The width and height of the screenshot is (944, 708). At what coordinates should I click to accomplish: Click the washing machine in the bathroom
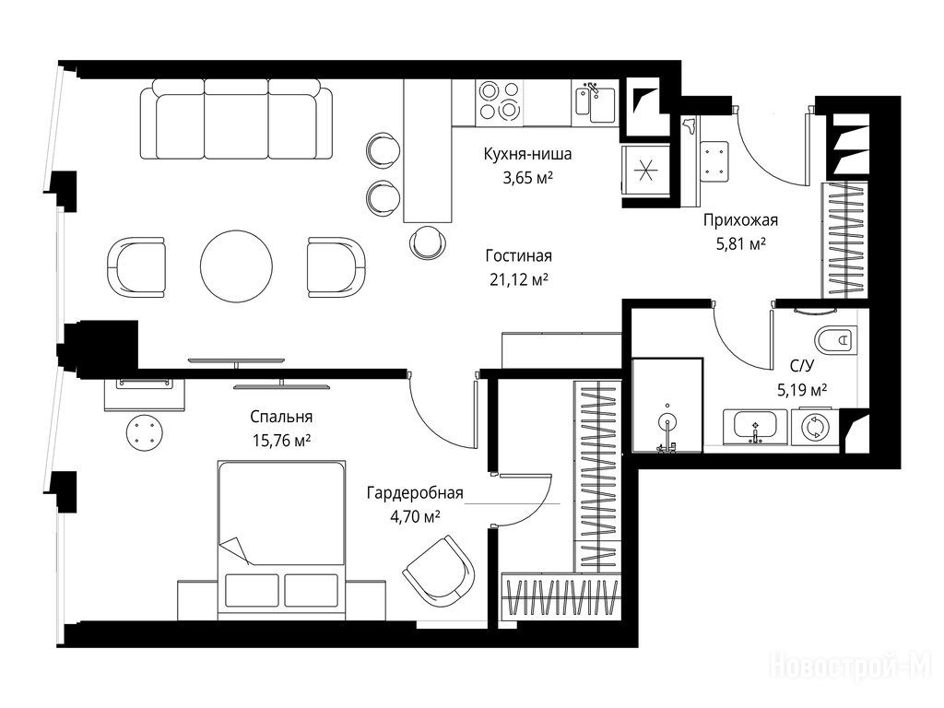[815, 426]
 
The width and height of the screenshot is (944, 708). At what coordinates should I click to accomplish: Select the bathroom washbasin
[755, 426]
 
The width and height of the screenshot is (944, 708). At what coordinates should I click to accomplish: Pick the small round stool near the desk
[145, 432]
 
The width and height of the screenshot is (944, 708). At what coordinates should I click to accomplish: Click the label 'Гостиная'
[518, 256]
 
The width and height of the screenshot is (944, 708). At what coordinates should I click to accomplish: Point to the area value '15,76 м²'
[281, 441]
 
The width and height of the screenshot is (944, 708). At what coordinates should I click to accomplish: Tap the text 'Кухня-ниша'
[527, 154]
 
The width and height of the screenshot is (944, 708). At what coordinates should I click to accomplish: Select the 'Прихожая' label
[740, 220]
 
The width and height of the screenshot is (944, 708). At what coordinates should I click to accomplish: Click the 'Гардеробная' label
[415, 493]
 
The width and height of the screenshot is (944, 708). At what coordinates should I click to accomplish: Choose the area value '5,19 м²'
[802, 390]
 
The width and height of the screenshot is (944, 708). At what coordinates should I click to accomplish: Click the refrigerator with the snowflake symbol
[644, 171]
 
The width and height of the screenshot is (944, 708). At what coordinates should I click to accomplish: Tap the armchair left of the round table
[136, 266]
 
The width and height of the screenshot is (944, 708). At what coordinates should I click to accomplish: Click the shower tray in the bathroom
[667, 406]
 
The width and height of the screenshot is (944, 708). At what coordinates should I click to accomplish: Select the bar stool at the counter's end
[428, 242]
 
